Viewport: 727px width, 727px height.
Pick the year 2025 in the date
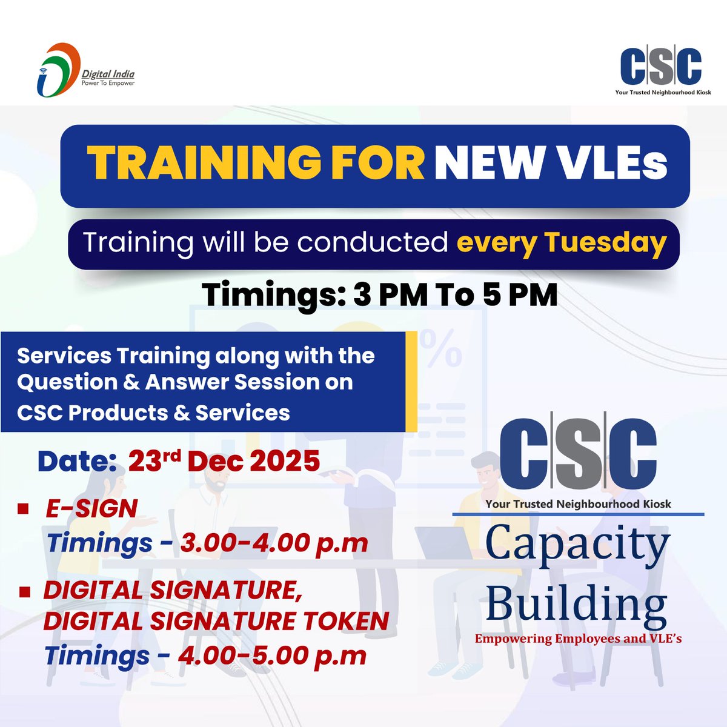click(286, 462)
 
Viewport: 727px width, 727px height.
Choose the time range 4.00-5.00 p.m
click(273, 656)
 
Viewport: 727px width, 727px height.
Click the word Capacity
click(577, 544)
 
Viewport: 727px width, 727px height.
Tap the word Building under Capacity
click(576, 606)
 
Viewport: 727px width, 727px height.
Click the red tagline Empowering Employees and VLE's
click(578, 639)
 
